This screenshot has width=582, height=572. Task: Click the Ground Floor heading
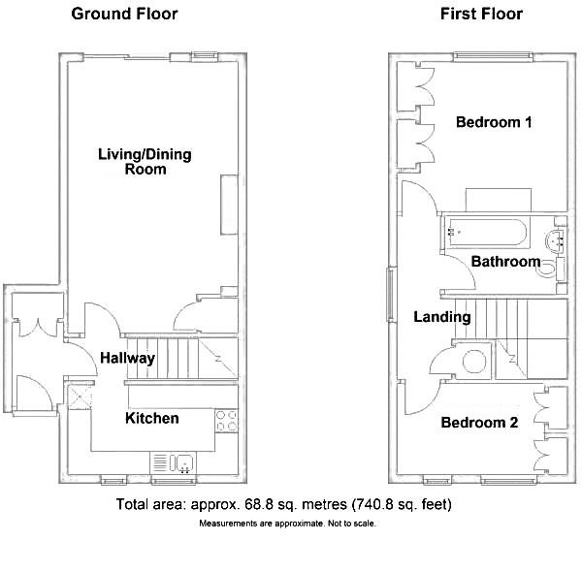(124, 15)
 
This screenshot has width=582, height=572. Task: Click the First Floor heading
(481, 15)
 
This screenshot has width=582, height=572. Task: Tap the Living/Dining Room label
(145, 162)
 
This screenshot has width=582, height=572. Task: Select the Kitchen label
(152, 418)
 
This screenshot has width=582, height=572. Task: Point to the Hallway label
(128, 359)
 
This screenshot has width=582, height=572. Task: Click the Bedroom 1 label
(494, 122)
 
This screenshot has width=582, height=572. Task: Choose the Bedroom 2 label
(479, 423)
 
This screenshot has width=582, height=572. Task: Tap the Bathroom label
(505, 262)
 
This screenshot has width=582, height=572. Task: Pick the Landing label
(442, 317)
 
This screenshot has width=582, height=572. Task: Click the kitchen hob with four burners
(226, 421)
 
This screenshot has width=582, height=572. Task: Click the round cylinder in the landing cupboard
(474, 362)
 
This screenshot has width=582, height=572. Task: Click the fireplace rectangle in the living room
(229, 205)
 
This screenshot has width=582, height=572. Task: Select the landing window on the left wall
(390, 294)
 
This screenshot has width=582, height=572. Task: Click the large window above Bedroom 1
(493, 56)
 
